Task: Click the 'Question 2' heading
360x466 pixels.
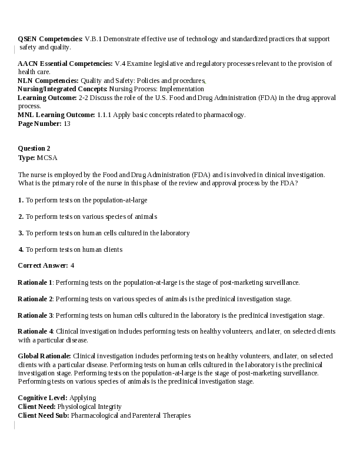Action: [x=34, y=148]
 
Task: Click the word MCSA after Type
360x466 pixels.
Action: [x=47, y=158]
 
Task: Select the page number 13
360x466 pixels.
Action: [x=67, y=124]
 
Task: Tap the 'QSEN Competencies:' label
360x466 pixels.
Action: [x=50, y=39]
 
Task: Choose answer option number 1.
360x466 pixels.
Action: [x=21, y=200]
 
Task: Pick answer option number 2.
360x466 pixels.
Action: [x=21, y=217]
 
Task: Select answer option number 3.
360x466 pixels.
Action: [x=21, y=233]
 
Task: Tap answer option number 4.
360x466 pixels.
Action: [x=21, y=249]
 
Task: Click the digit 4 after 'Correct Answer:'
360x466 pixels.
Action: [x=72, y=266]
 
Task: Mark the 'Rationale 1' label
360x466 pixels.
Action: [x=35, y=282]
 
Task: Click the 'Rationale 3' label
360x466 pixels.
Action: [x=35, y=315]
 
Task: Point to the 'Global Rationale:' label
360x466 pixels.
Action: [x=45, y=357]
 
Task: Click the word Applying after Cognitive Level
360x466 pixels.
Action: [x=82, y=398]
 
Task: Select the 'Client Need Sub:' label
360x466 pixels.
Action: [x=44, y=415]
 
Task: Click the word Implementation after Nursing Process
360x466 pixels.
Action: [x=183, y=89]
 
